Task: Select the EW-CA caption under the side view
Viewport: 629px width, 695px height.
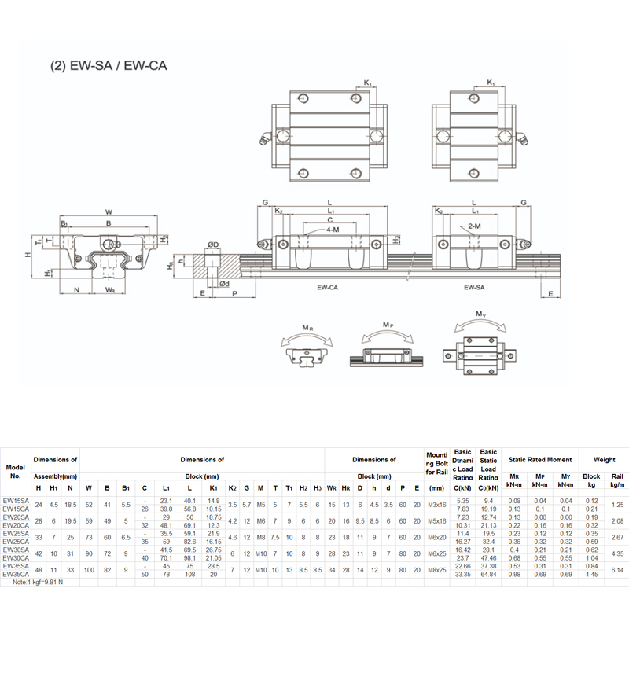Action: (328, 288)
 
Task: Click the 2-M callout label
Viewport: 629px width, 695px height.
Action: (474, 226)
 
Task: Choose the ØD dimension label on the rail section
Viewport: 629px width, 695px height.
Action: (213, 245)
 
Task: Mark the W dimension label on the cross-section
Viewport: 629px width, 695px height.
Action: (109, 211)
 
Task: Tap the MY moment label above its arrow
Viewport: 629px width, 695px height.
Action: (480, 314)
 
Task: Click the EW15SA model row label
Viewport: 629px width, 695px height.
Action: (16, 500)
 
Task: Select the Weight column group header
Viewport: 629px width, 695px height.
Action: (604, 459)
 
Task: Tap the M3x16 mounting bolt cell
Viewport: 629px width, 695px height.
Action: (436, 504)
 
